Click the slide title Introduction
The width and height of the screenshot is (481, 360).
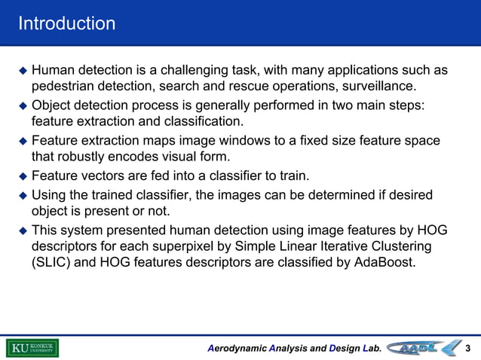67,23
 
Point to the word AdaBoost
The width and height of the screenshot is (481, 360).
384,264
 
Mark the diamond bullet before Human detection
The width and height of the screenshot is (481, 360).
23,71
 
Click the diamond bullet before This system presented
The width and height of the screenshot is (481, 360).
23,230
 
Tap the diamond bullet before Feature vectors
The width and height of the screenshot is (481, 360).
23,177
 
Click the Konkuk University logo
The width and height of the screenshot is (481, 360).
32,348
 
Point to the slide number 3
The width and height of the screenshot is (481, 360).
469,348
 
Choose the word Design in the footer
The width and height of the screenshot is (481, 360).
344,348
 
